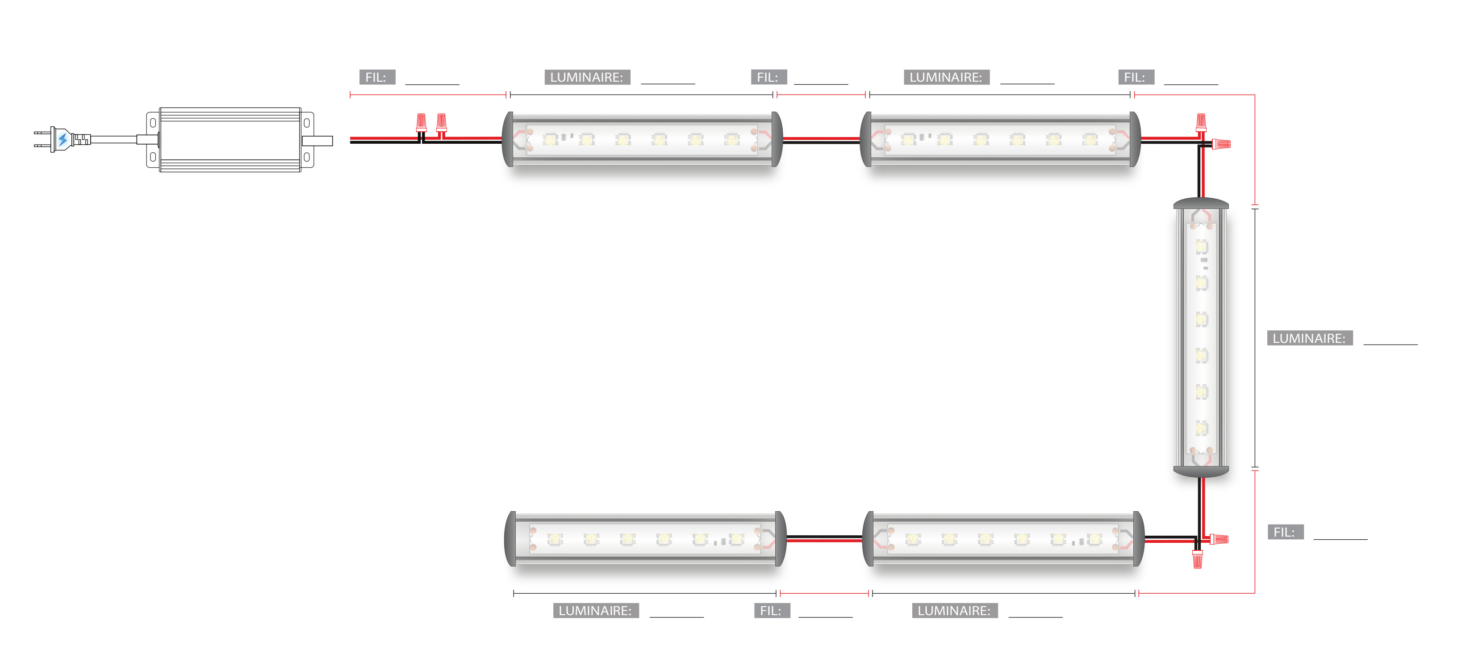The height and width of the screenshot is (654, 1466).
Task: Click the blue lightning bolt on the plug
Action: point(63,139)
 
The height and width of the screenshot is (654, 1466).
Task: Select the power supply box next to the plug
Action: point(230,139)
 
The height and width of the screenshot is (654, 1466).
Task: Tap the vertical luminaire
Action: point(1201,337)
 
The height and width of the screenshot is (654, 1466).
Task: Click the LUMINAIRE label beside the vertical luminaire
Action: point(1309,338)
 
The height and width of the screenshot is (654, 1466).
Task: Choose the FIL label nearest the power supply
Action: point(376,77)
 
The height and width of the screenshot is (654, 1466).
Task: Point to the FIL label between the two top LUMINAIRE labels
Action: point(768,77)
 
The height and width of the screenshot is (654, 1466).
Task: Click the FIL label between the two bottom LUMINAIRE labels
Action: point(771,611)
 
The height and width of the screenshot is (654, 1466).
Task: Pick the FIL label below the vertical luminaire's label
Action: point(1284,532)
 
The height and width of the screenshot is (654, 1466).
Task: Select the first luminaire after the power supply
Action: point(642,139)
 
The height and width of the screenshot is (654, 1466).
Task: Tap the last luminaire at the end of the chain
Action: point(645,538)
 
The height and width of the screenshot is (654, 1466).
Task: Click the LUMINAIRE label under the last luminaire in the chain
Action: point(595,611)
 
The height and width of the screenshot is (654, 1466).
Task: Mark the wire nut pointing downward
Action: point(1197,558)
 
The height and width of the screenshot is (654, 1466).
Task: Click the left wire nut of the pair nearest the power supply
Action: point(421,122)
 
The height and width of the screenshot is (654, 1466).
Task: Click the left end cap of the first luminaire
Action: point(508,139)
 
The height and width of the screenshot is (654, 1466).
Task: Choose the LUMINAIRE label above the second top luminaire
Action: point(946,77)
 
